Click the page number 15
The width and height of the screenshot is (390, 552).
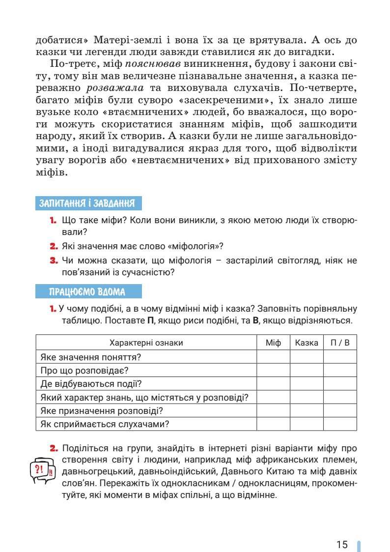(342, 531)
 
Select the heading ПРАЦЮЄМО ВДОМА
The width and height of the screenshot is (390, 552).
(87, 291)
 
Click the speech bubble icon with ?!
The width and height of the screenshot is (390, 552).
(44, 469)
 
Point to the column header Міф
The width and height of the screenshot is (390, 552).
(273, 343)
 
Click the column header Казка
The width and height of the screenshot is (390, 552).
(306, 343)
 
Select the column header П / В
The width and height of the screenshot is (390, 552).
(340, 343)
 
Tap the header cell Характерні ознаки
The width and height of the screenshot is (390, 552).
(146, 343)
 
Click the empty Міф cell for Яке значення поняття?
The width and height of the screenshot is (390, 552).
(273, 357)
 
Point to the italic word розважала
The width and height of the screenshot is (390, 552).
(115, 88)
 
